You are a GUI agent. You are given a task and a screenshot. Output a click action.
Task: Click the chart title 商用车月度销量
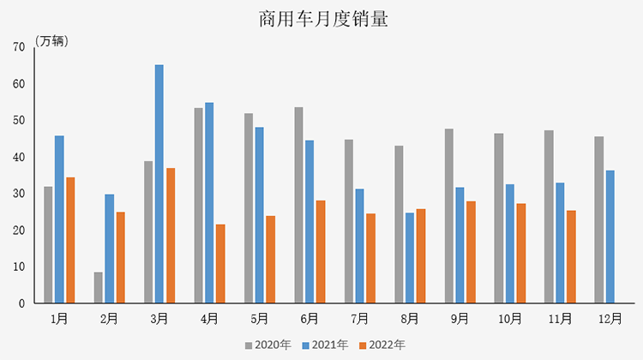pyautogui.click(x=322, y=19)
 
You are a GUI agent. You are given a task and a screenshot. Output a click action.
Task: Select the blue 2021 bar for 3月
pyautogui.click(x=159, y=183)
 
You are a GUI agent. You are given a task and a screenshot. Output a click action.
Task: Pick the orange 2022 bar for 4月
pyautogui.click(x=220, y=263)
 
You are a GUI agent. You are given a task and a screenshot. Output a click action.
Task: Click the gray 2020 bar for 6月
pyautogui.click(x=299, y=205)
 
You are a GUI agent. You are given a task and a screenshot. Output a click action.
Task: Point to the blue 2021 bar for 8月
pyautogui.click(x=410, y=257)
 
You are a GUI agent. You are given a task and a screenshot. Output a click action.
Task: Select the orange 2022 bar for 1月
pyautogui.click(x=70, y=240)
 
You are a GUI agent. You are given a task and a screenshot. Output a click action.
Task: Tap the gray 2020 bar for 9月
pyautogui.click(x=448, y=216)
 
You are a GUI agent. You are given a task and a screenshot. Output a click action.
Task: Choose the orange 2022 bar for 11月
pyautogui.click(x=571, y=256)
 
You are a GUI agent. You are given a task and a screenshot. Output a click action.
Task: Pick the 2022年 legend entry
pyautogui.click(x=382, y=345)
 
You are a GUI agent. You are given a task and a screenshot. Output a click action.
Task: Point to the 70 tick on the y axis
pyautogui.click(x=19, y=47)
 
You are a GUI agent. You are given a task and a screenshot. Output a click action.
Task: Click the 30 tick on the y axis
pyautogui.click(x=19, y=194)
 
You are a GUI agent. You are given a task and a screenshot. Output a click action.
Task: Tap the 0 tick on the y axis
pyautogui.click(x=22, y=303)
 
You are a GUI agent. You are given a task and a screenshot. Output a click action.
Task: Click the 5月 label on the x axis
pyautogui.click(x=261, y=319)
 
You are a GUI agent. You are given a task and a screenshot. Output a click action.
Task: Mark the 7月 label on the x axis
pyautogui.click(x=360, y=319)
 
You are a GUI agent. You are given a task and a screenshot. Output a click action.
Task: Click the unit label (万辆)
pyautogui.click(x=53, y=41)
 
